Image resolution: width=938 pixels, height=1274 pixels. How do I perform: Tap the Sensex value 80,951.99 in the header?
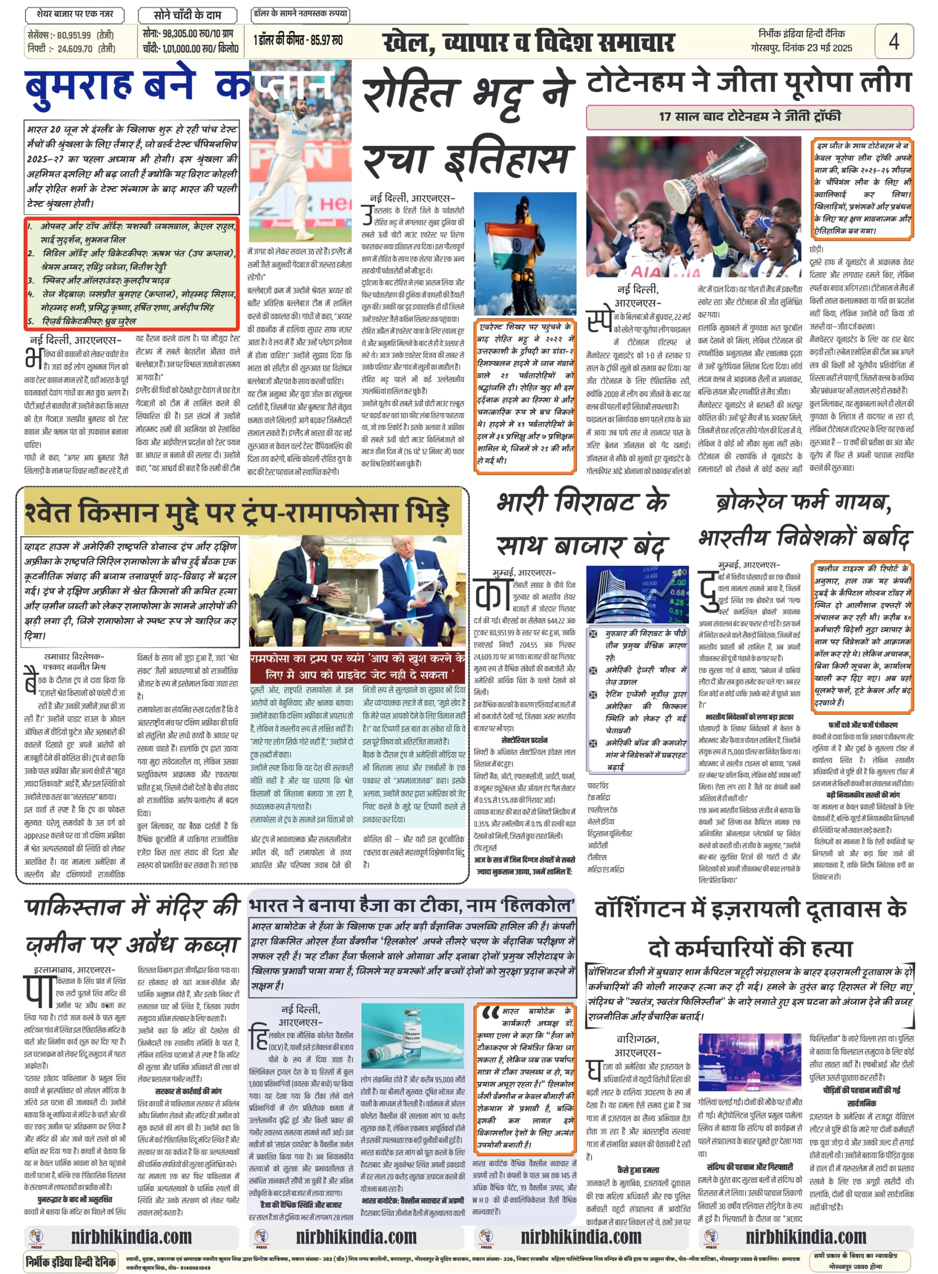74,35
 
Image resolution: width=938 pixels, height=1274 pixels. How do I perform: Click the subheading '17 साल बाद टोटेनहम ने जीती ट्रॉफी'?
749,117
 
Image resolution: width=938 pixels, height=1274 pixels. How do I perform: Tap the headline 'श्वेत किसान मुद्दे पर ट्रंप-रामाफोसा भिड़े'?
238,513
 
